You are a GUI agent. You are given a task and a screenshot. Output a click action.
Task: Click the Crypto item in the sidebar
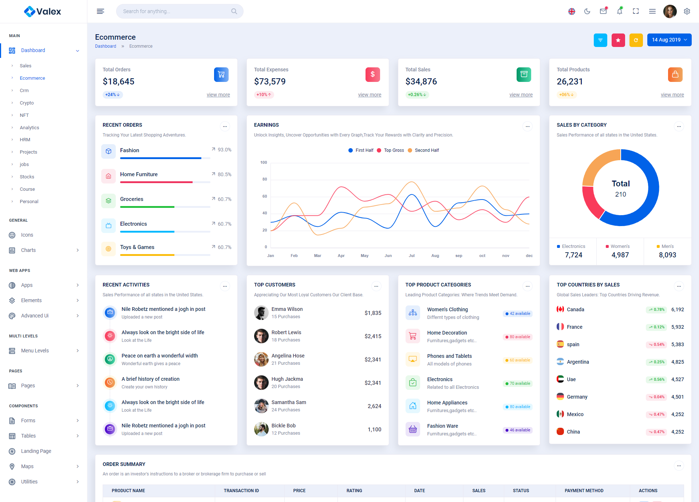point(27,103)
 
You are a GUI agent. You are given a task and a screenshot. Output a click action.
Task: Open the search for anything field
point(175,11)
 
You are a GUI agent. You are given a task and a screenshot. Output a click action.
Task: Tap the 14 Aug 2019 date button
point(669,40)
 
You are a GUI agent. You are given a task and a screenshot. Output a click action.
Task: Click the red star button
point(618,40)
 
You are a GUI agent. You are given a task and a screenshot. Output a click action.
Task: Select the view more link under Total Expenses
point(370,95)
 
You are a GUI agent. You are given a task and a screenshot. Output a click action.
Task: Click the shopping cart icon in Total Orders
point(221,75)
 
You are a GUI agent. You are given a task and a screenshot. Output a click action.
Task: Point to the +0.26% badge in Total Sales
point(417,95)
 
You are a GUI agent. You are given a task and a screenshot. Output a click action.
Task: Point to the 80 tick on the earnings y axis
point(265,179)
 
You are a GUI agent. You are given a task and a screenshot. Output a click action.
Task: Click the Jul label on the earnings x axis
point(411,256)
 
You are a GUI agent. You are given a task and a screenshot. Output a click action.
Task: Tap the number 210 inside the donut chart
point(620,194)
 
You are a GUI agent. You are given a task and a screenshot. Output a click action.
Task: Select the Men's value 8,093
point(667,255)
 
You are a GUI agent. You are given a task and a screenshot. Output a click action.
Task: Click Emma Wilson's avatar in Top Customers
point(261,313)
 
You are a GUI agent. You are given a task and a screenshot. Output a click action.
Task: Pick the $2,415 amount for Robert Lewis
point(373,336)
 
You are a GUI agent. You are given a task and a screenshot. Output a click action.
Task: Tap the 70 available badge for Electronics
point(518,384)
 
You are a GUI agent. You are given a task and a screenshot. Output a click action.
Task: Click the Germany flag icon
point(560,397)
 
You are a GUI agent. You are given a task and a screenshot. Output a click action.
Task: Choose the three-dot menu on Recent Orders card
point(225,127)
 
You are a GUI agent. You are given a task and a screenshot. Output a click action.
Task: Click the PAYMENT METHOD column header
point(584,491)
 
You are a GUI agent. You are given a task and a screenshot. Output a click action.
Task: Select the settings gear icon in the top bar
point(687,11)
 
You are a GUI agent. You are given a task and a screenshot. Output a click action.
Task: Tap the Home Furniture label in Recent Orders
point(139,174)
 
